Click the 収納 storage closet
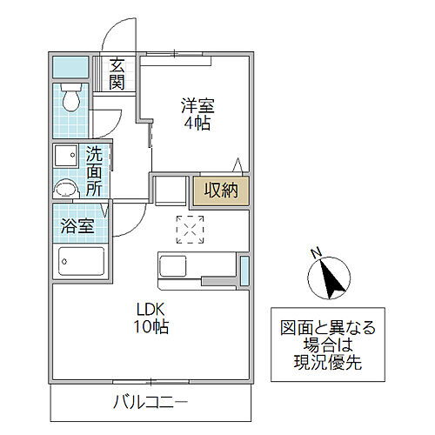point(221,191)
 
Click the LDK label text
point(150,309)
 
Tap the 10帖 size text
point(151,327)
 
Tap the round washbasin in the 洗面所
point(66,189)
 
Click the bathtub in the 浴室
point(81,260)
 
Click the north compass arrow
point(331,278)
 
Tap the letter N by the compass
point(317,252)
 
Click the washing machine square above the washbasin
point(66,156)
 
